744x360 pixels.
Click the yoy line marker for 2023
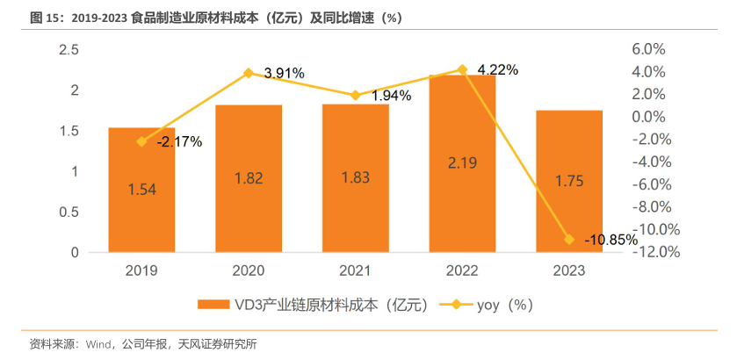click(x=569, y=239)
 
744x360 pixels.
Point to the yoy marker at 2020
click(x=249, y=73)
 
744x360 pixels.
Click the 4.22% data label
click(x=497, y=69)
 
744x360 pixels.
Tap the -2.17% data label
click(x=179, y=140)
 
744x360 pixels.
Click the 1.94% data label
click(x=391, y=96)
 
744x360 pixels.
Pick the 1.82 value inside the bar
click(x=249, y=178)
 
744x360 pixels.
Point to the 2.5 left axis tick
click(x=69, y=50)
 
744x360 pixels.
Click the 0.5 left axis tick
click(x=69, y=212)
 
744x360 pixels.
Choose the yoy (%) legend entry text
click(x=504, y=305)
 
